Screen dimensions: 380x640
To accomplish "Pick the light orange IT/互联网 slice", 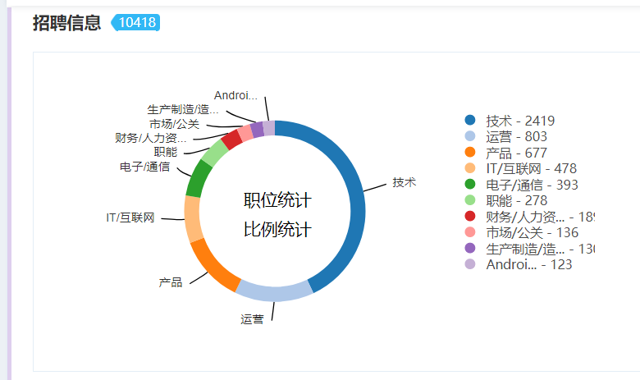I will coord(194,219).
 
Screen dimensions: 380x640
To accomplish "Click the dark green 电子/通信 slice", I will coord(199,177).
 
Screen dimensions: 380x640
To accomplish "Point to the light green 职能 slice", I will coord(215,153).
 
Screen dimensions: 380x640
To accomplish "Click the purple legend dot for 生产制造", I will coord(470,248).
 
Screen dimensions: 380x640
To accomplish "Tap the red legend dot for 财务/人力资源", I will coord(470,217).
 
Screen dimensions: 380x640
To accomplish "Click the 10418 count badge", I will coord(136,23).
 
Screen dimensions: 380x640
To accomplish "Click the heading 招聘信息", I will coord(67,23).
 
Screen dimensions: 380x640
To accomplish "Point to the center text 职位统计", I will coord(277,201).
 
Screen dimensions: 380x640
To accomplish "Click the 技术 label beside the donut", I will coord(404,182).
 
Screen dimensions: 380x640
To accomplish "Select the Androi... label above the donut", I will coord(235,96).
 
